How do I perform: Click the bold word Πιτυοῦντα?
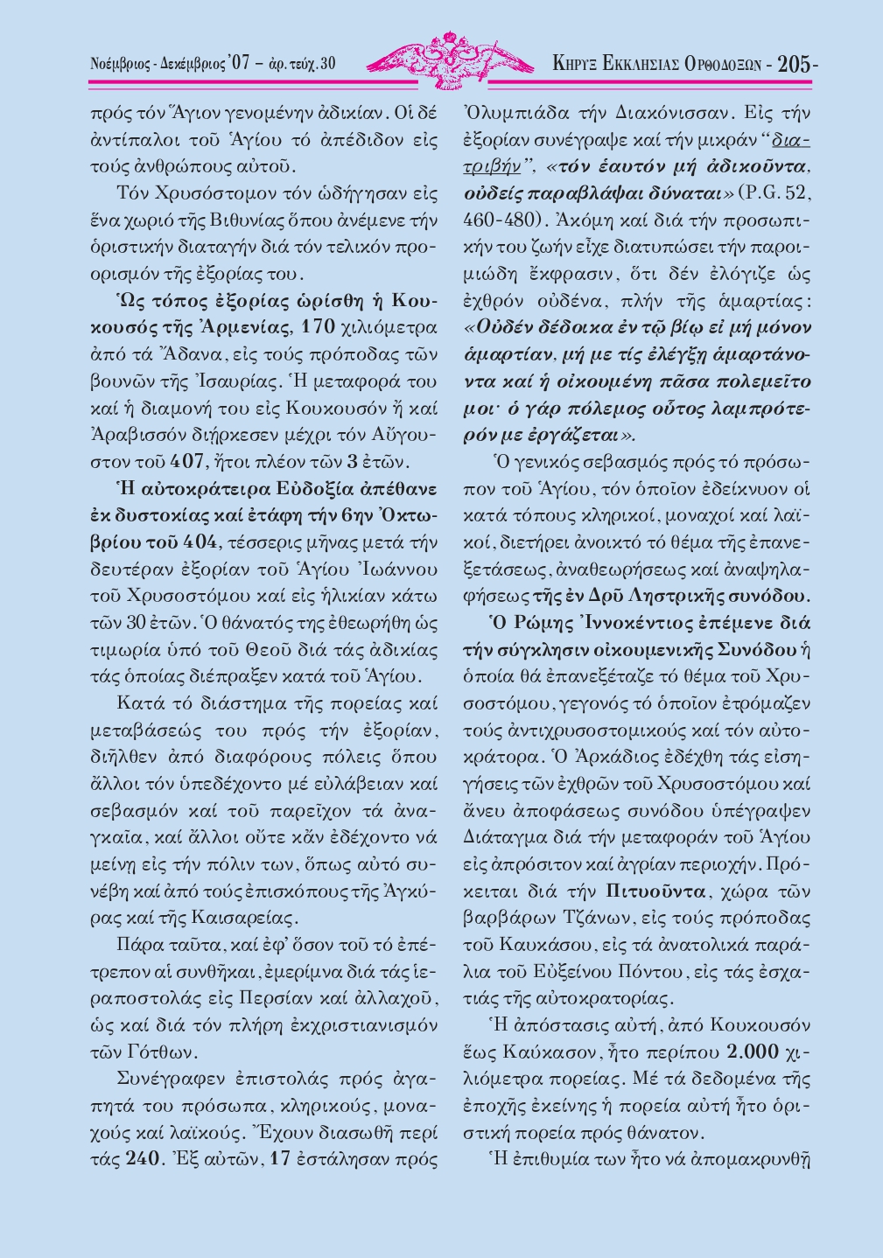(x=655, y=893)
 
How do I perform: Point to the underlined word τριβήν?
(x=491, y=165)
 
